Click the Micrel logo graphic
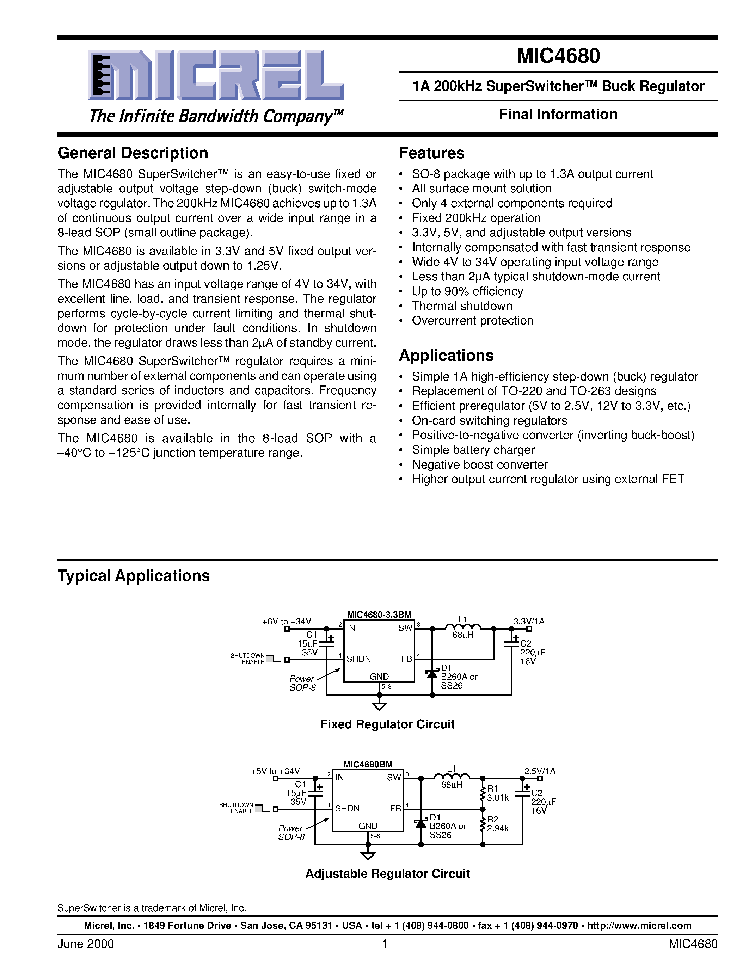click(x=216, y=75)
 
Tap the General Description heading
click(x=133, y=153)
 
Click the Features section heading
click(x=431, y=153)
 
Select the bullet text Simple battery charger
click(x=473, y=450)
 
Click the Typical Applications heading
click(x=134, y=576)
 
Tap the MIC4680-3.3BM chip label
click(x=379, y=615)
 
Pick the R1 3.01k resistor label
click(x=497, y=793)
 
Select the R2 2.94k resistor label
click(x=497, y=824)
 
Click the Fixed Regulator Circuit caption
click(x=387, y=724)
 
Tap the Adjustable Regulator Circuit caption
click(x=387, y=874)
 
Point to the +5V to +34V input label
click(x=275, y=771)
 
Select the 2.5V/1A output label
click(x=540, y=771)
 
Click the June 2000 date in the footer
click(x=86, y=944)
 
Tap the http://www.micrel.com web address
click(x=639, y=926)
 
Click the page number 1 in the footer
click(x=384, y=944)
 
